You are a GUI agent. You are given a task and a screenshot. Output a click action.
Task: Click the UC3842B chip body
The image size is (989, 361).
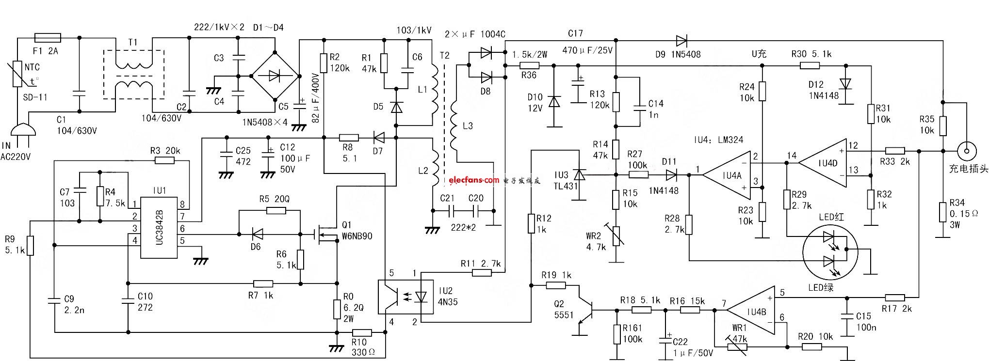[159, 227]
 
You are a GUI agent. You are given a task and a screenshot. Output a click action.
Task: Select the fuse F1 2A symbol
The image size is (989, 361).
[48, 37]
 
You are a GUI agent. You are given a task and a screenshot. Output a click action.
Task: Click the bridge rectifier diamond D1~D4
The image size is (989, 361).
[275, 76]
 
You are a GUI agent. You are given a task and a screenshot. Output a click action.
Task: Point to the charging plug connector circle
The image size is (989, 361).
[967, 151]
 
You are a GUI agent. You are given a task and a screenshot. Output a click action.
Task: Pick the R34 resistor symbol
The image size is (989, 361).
[942, 213]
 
